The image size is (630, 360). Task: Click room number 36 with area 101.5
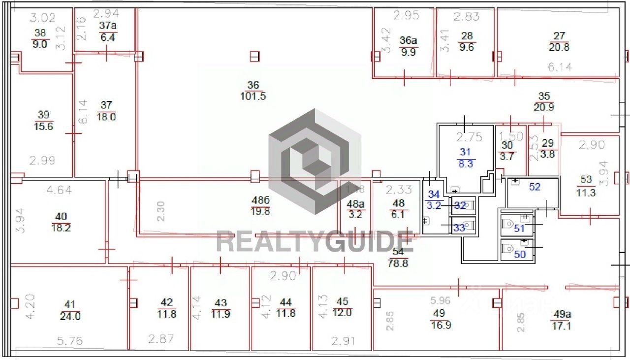coord(253,85)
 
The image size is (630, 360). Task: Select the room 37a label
coord(107,26)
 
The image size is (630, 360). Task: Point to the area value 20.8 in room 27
coord(559,47)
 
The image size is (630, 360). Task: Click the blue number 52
coord(535,186)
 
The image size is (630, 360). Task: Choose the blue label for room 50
coord(520,254)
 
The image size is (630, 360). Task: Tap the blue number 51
coord(520,228)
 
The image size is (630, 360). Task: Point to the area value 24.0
coord(70,317)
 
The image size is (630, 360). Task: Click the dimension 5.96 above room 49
coord(441,300)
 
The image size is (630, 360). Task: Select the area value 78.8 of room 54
coord(398,263)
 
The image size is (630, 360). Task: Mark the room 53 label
coord(586,180)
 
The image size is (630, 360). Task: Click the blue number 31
coord(465,152)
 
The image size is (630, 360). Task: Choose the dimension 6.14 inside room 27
coord(560,67)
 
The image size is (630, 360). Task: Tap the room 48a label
coord(354,203)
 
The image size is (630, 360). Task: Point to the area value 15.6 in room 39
coord(44,127)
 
